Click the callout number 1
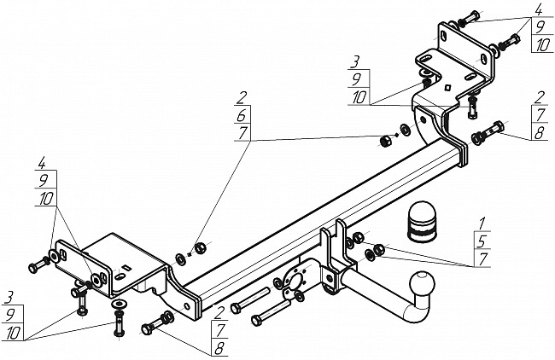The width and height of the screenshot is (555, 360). click(482, 224)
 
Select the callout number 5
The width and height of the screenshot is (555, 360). click(482, 241)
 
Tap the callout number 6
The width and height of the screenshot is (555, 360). click(242, 115)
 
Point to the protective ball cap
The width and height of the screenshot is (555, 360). click(421, 222)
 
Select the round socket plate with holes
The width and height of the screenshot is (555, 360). click(295, 280)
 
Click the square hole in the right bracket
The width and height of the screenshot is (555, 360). click(447, 87)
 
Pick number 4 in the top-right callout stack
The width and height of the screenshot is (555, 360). click(539, 10)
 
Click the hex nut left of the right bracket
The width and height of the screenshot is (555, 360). click(385, 141)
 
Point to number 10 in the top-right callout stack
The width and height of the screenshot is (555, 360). click(542, 45)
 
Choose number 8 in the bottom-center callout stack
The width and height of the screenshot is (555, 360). click(219, 349)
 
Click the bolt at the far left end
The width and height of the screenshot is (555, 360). click(38, 264)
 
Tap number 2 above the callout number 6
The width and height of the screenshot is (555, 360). click(242, 97)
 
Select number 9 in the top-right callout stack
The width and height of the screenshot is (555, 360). click(540, 27)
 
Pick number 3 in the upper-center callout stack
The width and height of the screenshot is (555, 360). click(355, 62)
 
